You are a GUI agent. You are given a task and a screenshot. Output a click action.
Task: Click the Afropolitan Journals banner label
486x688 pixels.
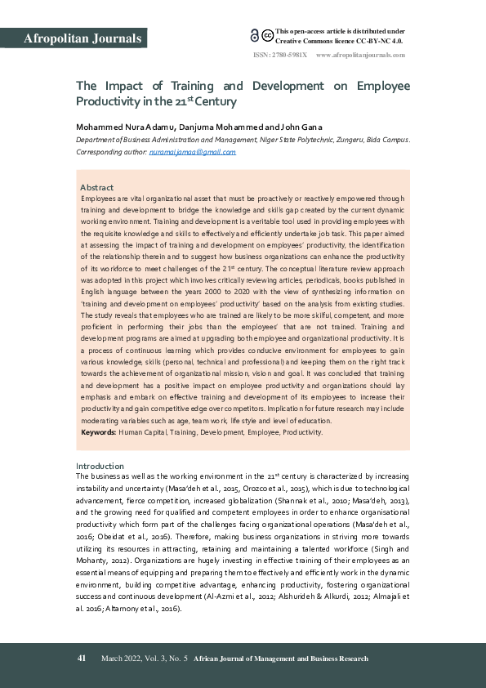click(x=83, y=38)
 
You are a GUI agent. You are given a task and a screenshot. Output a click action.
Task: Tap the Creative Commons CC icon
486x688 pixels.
click(x=266, y=35)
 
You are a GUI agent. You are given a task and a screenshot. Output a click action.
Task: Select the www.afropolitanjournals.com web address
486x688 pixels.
click(x=360, y=55)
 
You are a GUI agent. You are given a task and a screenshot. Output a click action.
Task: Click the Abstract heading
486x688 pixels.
click(x=96, y=188)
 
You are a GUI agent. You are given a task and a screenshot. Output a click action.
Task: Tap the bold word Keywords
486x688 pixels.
click(x=98, y=431)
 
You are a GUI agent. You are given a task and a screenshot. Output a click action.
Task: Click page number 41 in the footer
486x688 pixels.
click(x=82, y=659)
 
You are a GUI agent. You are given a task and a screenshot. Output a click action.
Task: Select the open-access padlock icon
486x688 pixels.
click(x=255, y=34)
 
